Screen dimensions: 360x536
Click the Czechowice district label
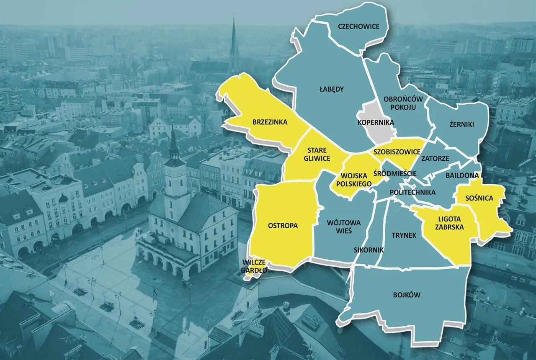(358, 26)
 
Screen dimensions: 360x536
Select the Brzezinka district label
(270, 122)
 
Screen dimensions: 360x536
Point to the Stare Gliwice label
(319, 154)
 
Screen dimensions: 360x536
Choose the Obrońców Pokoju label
(403, 103)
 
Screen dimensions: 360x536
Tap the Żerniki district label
(461, 124)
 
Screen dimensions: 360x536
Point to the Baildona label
(459, 175)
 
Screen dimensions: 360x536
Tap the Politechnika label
(412, 192)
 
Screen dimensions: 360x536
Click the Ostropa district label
(283, 226)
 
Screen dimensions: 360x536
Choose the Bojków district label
(406, 295)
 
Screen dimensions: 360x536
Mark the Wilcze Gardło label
(254, 266)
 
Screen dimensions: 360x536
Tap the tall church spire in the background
(234, 42)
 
